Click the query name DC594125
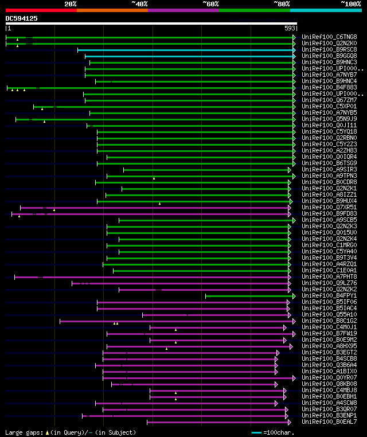click(x=21, y=18)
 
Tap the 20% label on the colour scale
click(x=71, y=4)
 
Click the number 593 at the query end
click(x=290, y=28)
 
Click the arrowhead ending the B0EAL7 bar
click(x=286, y=422)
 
